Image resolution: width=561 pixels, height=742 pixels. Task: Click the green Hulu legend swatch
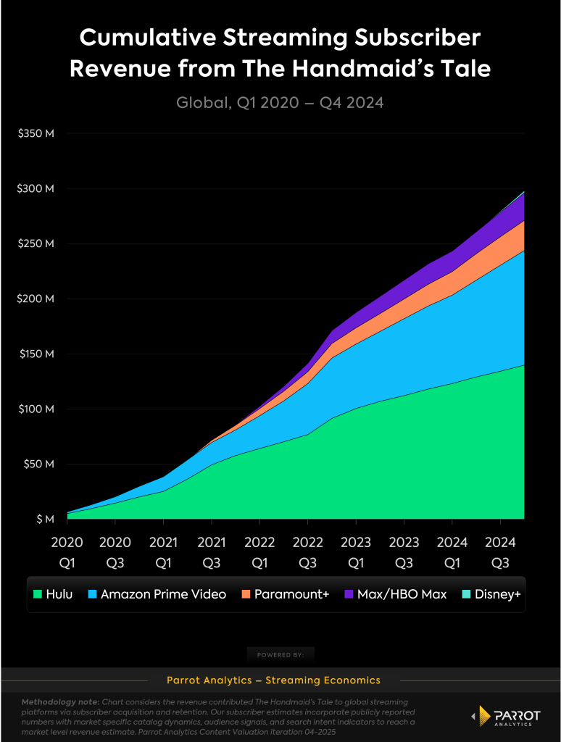38,594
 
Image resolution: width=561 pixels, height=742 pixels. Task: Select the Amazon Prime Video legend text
163,594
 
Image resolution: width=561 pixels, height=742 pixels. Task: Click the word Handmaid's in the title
373,69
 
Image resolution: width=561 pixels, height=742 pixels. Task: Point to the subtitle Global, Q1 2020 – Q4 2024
280,103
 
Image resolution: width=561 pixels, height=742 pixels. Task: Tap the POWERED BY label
280,655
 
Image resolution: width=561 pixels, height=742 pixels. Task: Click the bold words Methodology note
61,703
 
